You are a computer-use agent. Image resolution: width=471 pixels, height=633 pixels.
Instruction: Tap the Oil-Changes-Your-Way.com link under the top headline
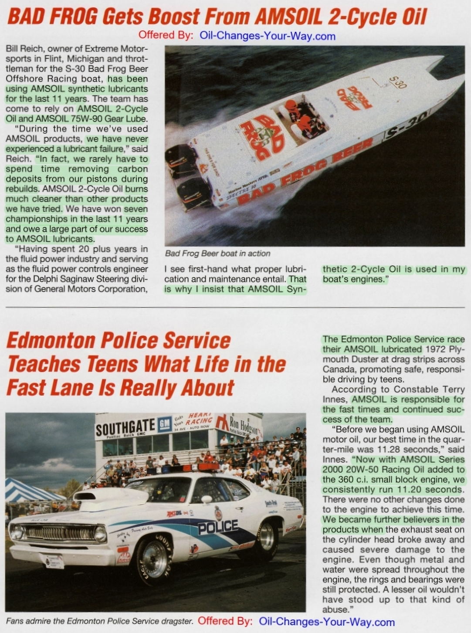(267, 36)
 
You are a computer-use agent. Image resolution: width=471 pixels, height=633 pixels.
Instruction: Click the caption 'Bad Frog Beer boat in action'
(217, 254)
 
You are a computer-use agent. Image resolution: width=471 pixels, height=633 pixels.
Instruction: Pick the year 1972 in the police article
(436, 349)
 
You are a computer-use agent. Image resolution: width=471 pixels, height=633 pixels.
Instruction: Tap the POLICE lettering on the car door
(218, 527)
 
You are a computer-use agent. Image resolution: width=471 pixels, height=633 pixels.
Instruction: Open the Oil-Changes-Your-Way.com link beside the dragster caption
(326, 622)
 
